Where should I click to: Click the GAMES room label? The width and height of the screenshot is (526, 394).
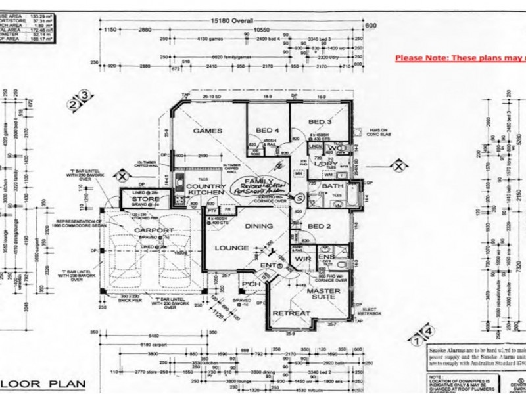point(207,131)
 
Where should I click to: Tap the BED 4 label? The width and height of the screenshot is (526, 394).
point(268,131)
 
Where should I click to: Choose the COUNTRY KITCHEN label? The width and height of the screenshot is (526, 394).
point(206,190)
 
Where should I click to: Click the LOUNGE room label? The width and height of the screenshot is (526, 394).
point(226,248)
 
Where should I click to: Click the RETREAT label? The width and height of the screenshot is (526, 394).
point(290,313)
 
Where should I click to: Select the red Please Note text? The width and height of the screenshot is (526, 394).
point(460,58)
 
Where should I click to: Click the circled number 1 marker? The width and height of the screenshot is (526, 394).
point(416,341)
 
